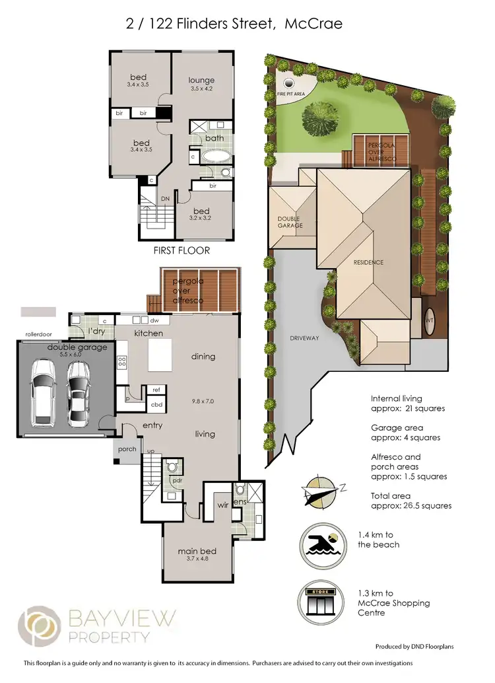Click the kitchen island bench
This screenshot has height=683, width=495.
pyautogui.click(x=161, y=357)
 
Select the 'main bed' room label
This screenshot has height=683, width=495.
pyautogui.click(x=197, y=552)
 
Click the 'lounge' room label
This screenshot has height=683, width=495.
pyautogui.click(x=202, y=81)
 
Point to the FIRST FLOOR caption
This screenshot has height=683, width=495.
pyautogui.click(x=181, y=250)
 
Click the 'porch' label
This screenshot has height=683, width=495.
pyautogui.click(x=127, y=449)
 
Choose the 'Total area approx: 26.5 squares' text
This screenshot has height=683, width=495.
pyautogui.click(x=411, y=500)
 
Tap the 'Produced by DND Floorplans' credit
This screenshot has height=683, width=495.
pyautogui.click(x=418, y=647)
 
